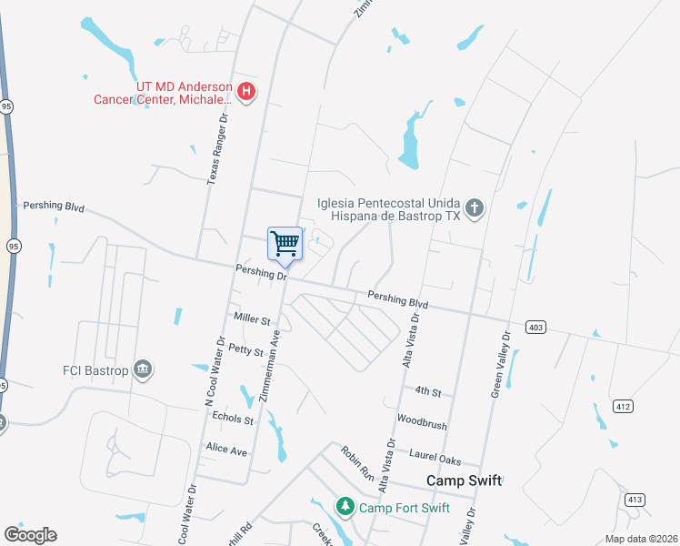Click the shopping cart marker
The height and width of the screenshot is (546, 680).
[285, 244]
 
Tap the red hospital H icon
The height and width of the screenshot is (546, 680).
[246, 91]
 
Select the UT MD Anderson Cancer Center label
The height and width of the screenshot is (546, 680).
[183, 92]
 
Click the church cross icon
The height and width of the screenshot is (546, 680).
[474, 208]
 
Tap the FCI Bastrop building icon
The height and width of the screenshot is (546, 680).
[143, 369]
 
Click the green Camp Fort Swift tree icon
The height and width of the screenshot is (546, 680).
[345, 506]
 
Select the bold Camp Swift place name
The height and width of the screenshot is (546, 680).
[465, 480]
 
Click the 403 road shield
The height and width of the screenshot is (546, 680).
[535, 326]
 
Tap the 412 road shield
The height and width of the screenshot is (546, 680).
[623, 405]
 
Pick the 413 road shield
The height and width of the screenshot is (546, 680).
[634, 498]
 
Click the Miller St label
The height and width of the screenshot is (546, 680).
[253, 320]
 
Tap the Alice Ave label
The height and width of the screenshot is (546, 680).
[227, 450]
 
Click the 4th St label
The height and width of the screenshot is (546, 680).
[428, 392]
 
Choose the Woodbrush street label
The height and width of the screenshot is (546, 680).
[422, 424]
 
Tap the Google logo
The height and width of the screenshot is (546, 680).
[30, 535]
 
